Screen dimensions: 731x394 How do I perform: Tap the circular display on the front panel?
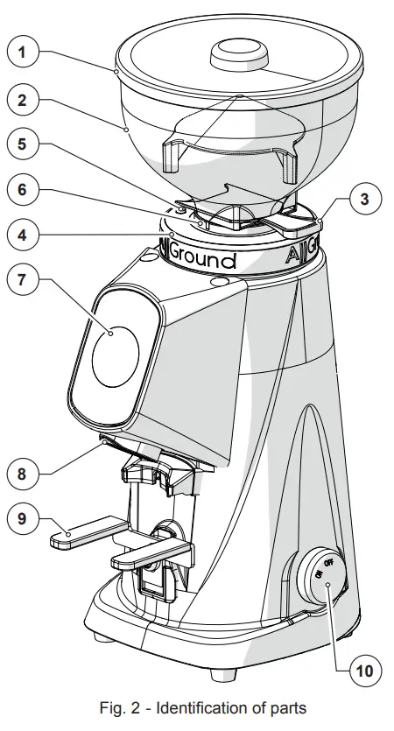[115, 356]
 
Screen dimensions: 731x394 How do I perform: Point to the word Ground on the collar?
[202, 260]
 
